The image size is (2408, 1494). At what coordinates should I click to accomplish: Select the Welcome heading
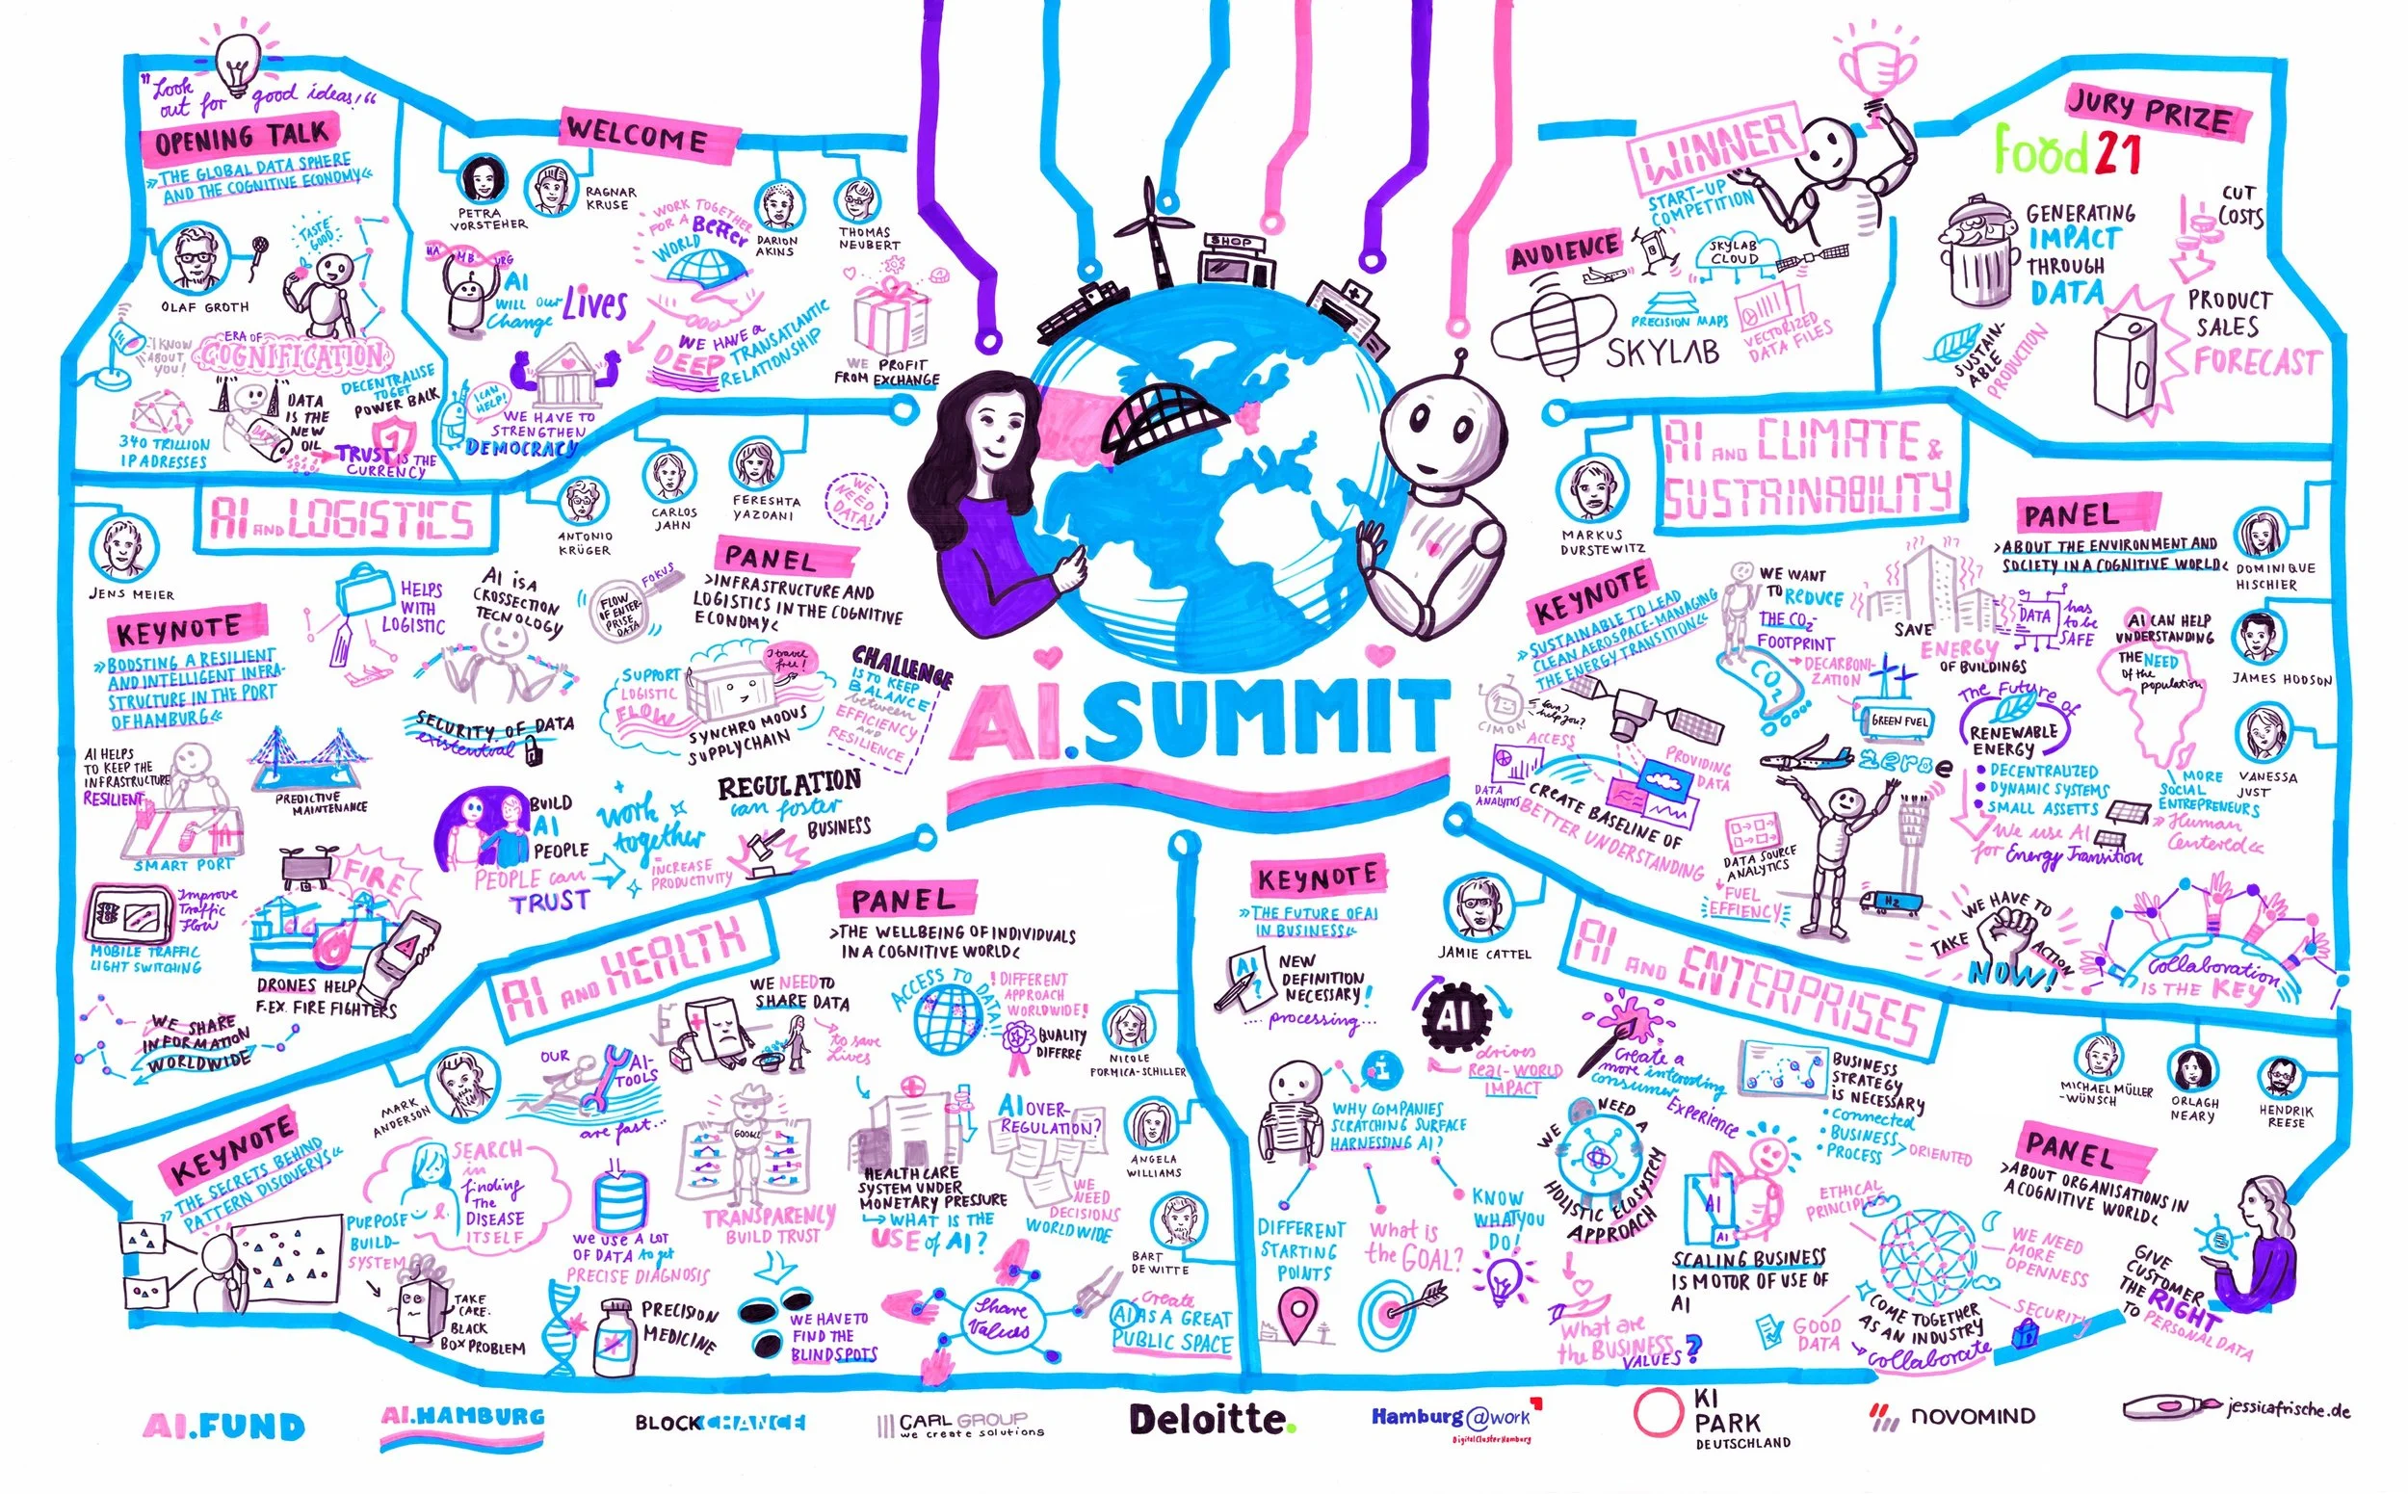point(637,133)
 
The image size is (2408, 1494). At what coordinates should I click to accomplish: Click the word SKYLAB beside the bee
point(1663,352)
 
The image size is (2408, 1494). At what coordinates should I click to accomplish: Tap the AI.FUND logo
point(224,1426)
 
